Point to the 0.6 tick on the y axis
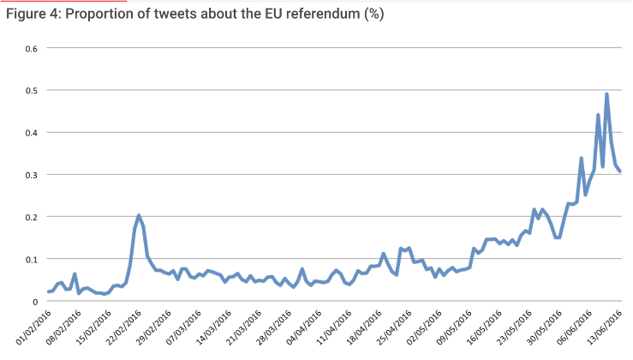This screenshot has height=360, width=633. tap(31, 48)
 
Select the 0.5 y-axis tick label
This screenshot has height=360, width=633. tap(31, 90)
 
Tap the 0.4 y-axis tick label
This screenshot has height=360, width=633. tap(31, 132)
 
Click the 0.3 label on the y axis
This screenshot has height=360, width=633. tap(31, 174)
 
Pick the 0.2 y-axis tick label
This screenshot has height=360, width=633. tap(31, 216)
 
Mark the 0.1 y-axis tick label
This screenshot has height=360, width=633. tap(31, 259)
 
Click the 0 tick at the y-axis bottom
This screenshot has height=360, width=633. tap(35, 301)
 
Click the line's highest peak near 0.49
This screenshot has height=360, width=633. tap(606, 94)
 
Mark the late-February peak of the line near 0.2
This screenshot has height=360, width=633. tap(139, 215)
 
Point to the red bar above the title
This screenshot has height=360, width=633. tap(69, 2)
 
